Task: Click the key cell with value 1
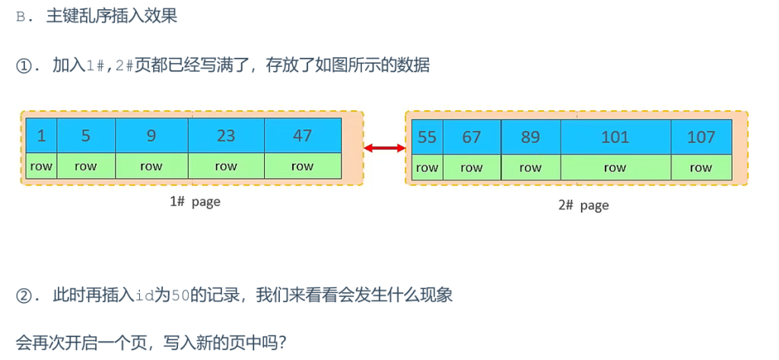41,135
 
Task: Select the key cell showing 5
85,135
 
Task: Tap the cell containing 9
151,135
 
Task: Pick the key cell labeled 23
226,135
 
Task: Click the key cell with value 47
302,135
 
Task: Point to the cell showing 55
427,137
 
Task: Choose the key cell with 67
472,137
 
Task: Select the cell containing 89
530,137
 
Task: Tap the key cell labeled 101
615,137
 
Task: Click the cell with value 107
701,137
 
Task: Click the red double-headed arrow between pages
384,148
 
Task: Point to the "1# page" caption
195,202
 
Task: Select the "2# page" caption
583,205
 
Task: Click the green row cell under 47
302,166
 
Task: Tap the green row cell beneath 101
615,167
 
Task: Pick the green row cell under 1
41,166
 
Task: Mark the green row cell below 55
427,167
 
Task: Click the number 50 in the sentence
180,295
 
